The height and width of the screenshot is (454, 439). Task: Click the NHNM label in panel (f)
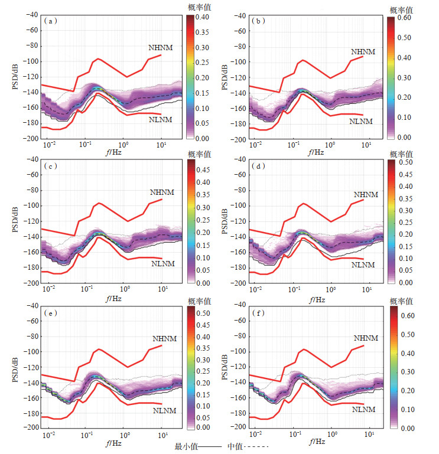pos(366,338)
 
